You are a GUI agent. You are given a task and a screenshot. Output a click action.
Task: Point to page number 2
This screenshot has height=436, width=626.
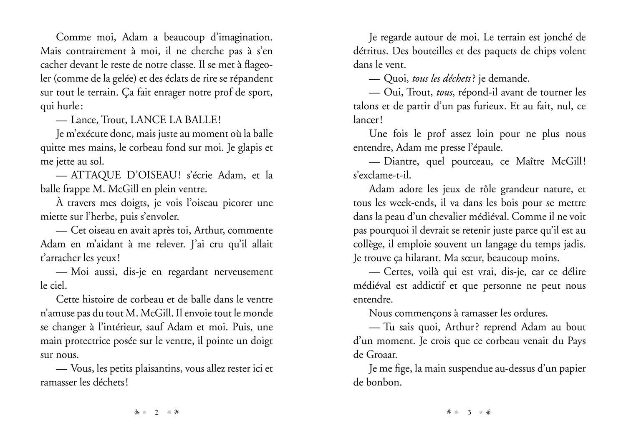[x=156, y=413]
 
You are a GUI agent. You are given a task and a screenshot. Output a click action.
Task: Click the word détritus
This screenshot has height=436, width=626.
[x=370, y=51]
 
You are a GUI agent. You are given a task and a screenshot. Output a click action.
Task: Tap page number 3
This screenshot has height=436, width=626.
[x=469, y=413]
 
